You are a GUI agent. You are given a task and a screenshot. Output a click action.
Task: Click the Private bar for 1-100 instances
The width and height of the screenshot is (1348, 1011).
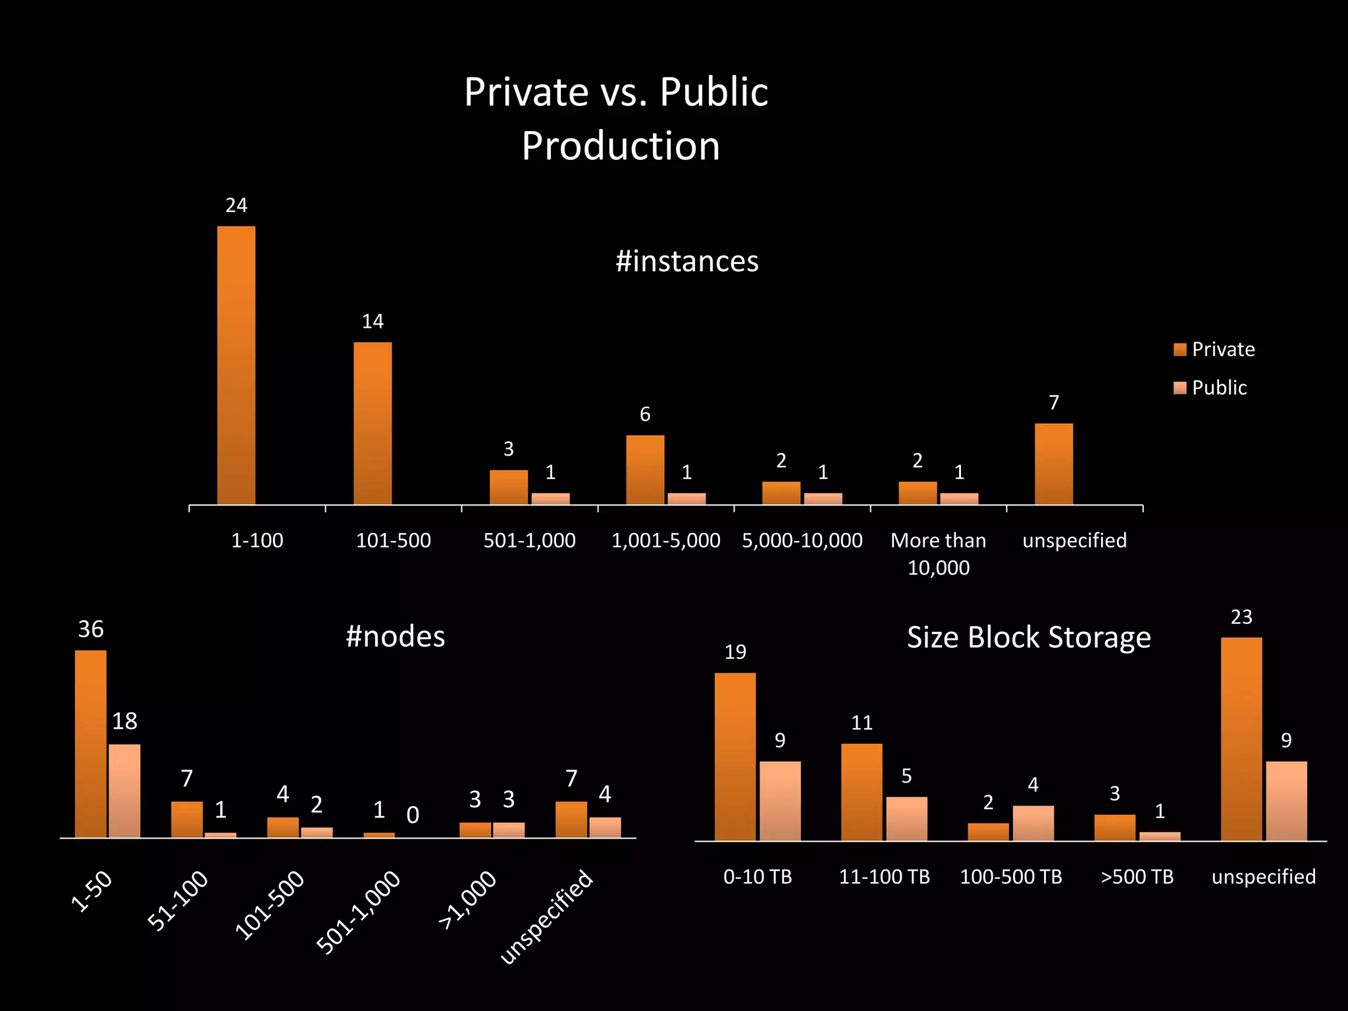[236, 365]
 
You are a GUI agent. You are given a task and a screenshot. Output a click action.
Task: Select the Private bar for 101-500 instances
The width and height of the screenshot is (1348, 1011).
[373, 423]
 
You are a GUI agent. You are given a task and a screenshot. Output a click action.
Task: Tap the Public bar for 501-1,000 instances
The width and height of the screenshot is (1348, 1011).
[550, 498]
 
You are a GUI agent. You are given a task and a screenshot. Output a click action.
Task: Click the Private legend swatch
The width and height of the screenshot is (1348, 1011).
[1179, 350]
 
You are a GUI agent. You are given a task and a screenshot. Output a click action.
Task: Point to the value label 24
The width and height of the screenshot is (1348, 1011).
[236, 206]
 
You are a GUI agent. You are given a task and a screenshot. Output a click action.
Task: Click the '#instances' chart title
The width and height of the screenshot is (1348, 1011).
[687, 261]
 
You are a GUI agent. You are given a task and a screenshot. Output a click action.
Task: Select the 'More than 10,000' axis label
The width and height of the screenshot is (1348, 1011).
[938, 554]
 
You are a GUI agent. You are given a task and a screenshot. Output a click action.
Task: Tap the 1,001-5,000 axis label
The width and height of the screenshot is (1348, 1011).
[665, 540]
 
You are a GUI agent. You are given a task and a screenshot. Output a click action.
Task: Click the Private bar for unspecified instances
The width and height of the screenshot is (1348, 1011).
[1054, 464]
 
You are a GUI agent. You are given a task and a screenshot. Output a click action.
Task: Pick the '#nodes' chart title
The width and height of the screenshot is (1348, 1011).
[395, 636]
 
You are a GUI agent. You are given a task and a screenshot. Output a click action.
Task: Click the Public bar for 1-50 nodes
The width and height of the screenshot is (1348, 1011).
[124, 791]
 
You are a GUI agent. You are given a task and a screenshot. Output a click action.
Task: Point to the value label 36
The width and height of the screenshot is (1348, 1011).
[91, 629]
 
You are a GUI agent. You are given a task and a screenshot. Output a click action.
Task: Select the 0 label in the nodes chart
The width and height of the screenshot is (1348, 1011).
[413, 816]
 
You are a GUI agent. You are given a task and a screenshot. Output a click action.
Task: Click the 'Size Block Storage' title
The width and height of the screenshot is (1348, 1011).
[1029, 637]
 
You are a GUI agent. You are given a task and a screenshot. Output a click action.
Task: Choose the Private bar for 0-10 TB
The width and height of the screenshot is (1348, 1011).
[735, 756]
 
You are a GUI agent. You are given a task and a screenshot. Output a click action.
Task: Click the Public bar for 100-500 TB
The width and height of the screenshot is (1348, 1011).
[1033, 823]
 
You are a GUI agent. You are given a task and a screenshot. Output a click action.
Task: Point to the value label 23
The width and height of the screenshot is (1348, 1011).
[1241, 617]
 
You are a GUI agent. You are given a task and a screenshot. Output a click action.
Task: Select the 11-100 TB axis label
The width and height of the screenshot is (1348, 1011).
[884, 877]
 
